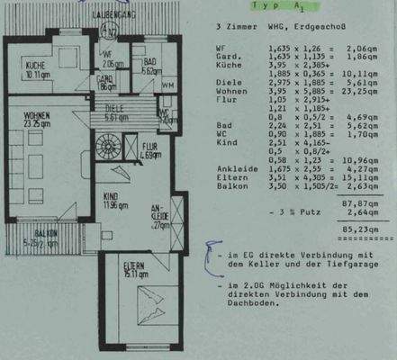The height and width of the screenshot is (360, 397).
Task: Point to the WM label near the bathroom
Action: pyautogui.click(x=169, y=85)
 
